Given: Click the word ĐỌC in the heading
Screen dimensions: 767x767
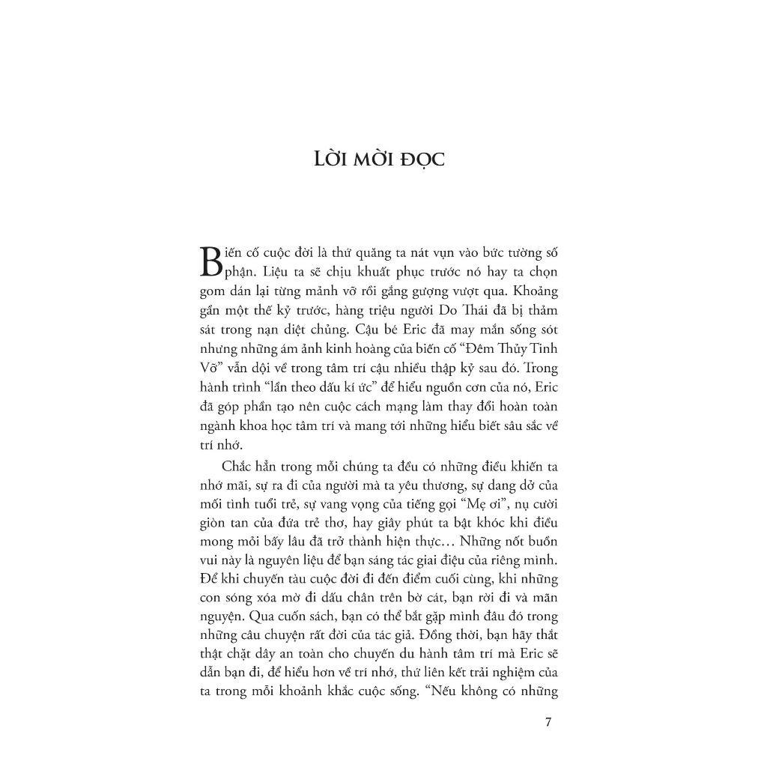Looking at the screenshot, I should [420, 160].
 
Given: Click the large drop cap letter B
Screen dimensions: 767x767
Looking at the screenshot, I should [212, 262].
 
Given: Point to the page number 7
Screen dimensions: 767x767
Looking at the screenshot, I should [549, 723].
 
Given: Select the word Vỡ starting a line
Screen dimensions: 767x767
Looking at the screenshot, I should [210, 368].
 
